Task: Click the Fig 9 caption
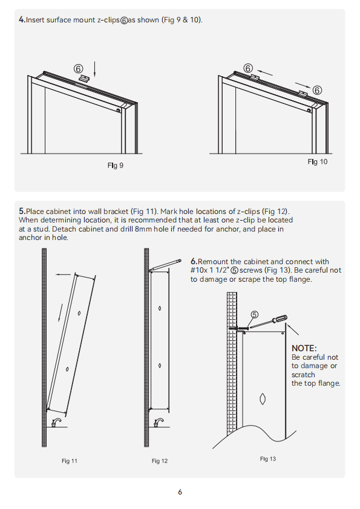[116, 166]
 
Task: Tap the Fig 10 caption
[318, 161]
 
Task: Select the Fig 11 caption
[70, 461]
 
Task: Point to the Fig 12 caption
[160, 461]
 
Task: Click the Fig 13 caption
[267, 459]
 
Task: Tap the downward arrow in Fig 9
[94, 69]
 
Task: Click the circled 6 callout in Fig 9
[78, 69]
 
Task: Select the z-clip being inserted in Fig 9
[84, 78]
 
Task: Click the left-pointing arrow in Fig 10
[264, 72]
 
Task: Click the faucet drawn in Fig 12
[159, 423]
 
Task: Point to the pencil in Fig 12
[165, 265]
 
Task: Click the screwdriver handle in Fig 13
[280, 319]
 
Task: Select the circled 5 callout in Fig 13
[254, 314]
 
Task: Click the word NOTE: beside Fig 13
[304, 348]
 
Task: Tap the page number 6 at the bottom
[180, 492]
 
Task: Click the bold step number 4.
[22, 20]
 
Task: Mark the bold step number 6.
[194, 261]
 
